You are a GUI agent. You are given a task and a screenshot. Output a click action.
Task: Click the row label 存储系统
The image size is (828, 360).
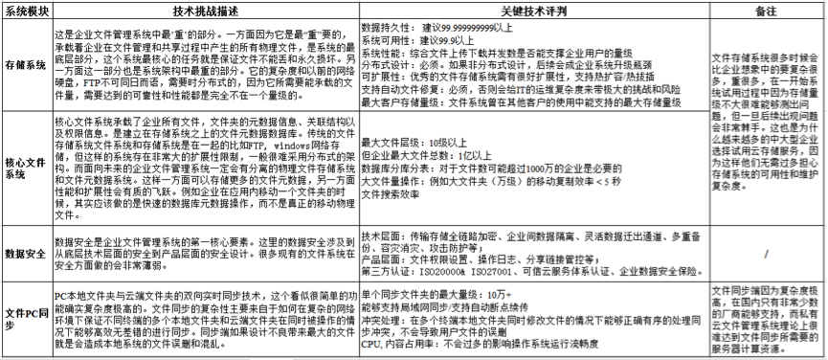(25, 64)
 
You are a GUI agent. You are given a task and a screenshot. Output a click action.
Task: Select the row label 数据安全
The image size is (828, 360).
(25, 253)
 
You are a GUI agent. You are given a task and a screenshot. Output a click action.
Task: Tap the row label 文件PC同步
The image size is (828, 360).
(25, 317)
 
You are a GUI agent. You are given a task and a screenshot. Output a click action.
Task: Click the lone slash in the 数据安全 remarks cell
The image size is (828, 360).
(765, 253)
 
